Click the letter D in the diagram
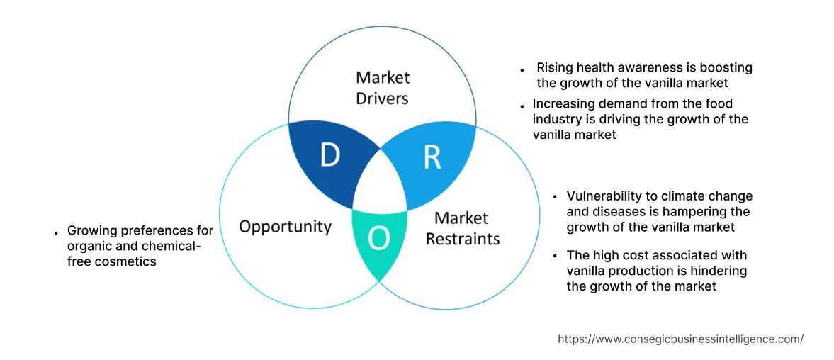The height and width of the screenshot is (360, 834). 329,155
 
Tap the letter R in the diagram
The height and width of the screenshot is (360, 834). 432,157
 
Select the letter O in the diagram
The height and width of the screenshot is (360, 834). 379,239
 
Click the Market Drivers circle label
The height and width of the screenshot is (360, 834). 383,87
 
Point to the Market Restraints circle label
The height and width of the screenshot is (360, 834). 462,228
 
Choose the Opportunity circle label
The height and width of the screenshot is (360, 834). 285,227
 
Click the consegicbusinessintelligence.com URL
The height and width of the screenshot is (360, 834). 680,339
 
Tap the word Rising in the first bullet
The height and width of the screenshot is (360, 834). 553,68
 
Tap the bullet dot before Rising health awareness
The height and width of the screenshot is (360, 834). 522,71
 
